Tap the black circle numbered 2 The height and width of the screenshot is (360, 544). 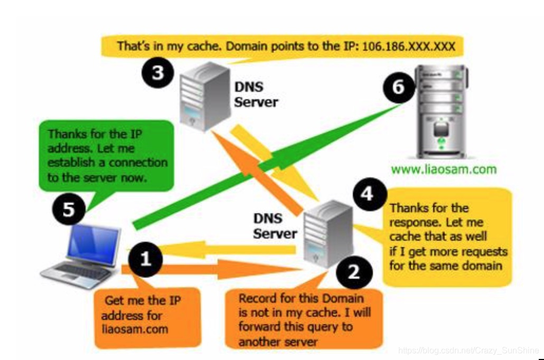(353, 272)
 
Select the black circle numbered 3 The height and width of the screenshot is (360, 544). (157, 73)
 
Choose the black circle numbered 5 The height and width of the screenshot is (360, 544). (69, 210)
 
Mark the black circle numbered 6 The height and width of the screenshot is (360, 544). (398, 86)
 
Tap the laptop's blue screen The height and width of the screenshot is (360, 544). (92, 244)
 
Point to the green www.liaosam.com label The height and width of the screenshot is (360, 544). (444, 169)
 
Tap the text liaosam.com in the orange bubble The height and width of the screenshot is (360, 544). (134, 329)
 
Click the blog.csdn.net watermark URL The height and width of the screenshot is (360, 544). (467, 350)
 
